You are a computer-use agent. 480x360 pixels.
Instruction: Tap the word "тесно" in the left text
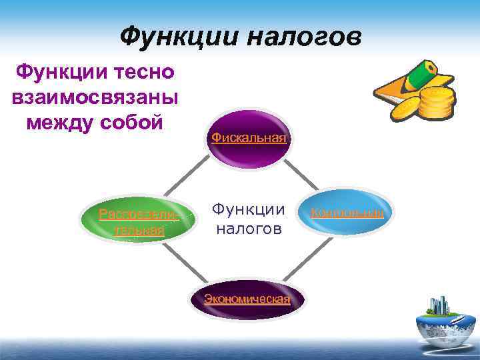point(144,71)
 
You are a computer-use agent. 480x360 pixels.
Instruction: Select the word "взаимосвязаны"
point(95,97)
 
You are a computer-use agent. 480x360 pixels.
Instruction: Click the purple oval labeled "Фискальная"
point(249,138)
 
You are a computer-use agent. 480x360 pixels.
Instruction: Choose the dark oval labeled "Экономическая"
point(247,299)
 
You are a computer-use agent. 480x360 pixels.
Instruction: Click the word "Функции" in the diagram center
point(248,210)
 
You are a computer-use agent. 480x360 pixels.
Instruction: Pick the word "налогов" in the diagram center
point(248,229)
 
